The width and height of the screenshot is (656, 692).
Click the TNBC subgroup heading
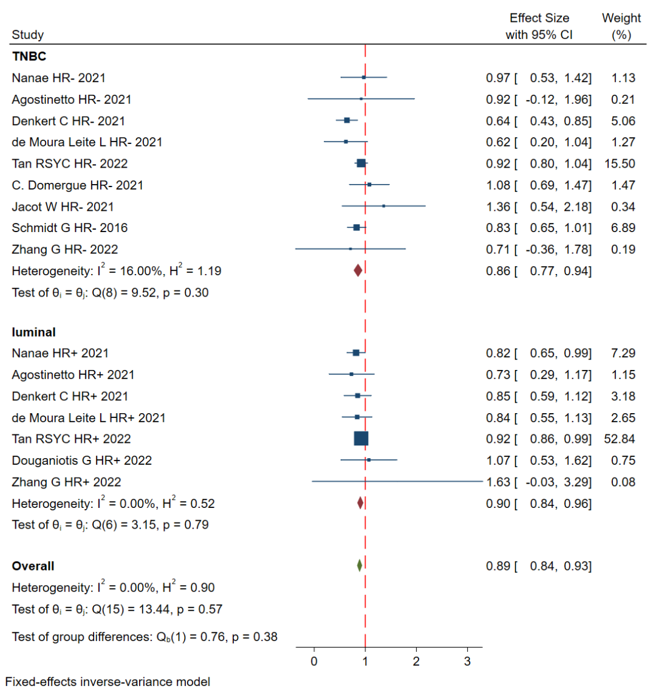point(29,57)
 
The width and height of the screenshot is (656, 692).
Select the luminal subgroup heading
point(34,332)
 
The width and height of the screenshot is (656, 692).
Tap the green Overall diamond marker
point(360,566)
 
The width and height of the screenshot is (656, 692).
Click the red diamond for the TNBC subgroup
point(358,271)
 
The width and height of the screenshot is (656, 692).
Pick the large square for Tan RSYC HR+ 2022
point(361,439)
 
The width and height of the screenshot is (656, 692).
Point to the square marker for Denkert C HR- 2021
point(347,120)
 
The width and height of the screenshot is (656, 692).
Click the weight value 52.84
point(620,439)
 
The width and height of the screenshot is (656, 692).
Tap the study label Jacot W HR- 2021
point(63,207)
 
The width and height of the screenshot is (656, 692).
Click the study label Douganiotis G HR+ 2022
point(81,461)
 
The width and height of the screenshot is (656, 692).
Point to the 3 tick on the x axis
point(467,661)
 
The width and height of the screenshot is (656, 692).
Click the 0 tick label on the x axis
point(314,661)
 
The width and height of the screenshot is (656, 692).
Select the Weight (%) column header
point(621,26)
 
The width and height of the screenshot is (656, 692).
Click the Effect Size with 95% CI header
point(539,26)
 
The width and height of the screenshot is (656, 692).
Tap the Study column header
point(27,35)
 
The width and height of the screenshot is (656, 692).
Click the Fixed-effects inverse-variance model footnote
point(108,682)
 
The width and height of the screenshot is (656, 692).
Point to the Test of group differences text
point(145,637)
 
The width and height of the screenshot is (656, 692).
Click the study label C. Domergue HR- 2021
point(77,185)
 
